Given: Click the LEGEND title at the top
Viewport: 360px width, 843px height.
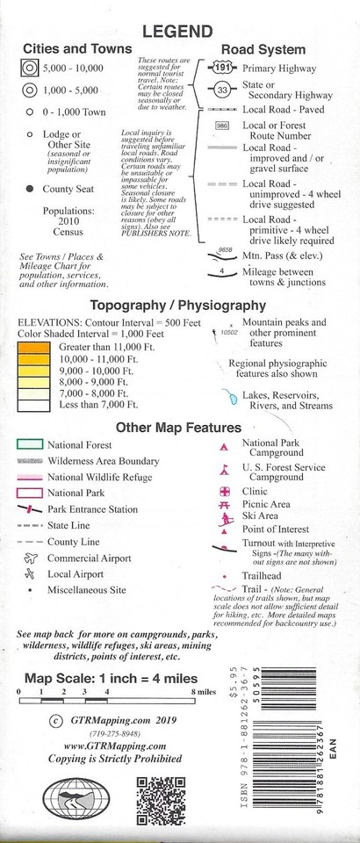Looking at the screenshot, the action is click(179, 32).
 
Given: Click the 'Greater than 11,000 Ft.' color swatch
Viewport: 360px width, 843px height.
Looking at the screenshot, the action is click(36, 348).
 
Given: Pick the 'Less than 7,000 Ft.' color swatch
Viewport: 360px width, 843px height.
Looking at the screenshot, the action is click(36, 404).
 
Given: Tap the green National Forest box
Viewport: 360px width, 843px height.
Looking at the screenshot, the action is click(30, 444).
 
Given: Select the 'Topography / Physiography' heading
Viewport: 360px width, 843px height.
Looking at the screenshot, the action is click(179, 306).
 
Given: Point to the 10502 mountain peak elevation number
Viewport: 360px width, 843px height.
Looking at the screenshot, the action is click(230, 334).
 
